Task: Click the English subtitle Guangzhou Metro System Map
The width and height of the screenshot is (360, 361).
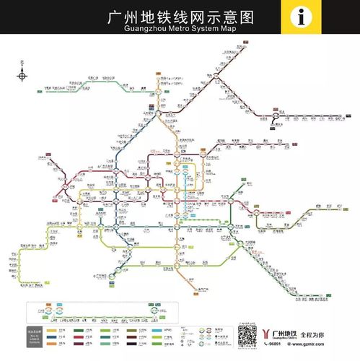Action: click(x=180, y=28)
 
